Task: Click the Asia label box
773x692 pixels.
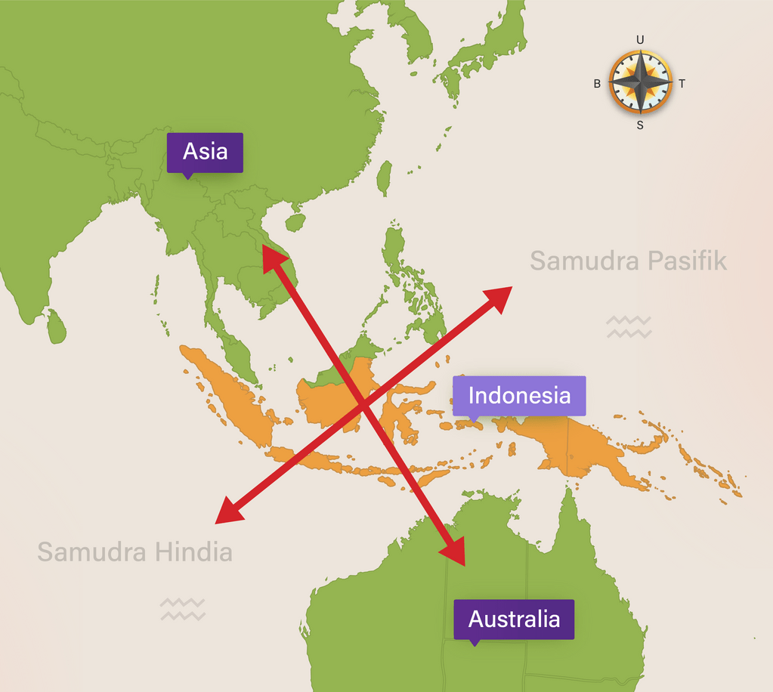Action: coord(205,152)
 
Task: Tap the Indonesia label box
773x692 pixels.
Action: coord(519,395)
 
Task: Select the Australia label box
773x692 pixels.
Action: coord(514,619)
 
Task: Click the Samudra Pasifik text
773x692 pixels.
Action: coord(628,261)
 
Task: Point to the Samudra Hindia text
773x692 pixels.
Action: coord(135,552)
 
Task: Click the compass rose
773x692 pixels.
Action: coord(640,82)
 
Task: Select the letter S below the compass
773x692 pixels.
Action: coord(640,125)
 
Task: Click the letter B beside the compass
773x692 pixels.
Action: coord(597,84)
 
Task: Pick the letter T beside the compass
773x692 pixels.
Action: coord(682,84)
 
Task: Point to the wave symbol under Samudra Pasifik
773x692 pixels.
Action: coord(628,326)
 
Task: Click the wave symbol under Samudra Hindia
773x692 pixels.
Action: coord(182,609)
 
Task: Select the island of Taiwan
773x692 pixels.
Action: coord(385,176)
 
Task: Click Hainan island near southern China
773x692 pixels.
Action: coord(295,222)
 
